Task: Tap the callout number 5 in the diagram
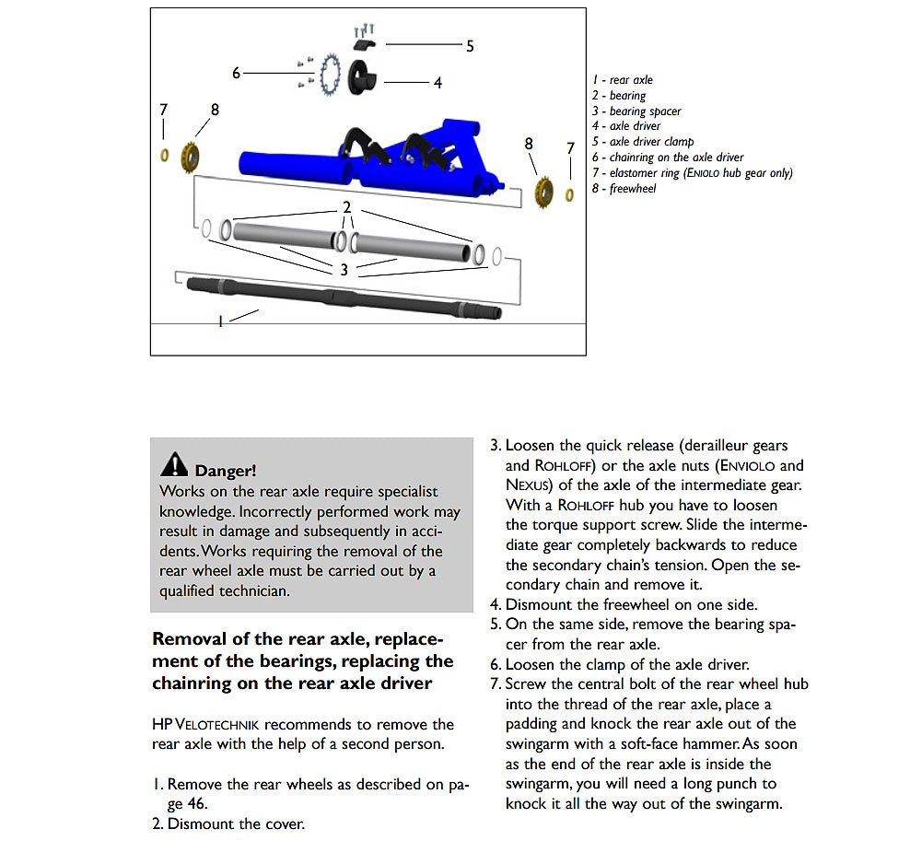click(470, 46)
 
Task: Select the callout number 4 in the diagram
click(437, 83)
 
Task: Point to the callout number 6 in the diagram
click(236, 73)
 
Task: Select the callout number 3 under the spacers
click(344, 270)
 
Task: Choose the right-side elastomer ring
click(569, 194)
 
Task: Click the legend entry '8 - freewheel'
click(624, 189)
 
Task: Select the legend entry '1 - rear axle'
click(622, 80)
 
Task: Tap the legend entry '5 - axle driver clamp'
click(642, 142)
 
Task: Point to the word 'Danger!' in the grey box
click(226, 471)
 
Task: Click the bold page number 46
click(197, 802)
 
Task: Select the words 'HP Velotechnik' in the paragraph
click(225, 725)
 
